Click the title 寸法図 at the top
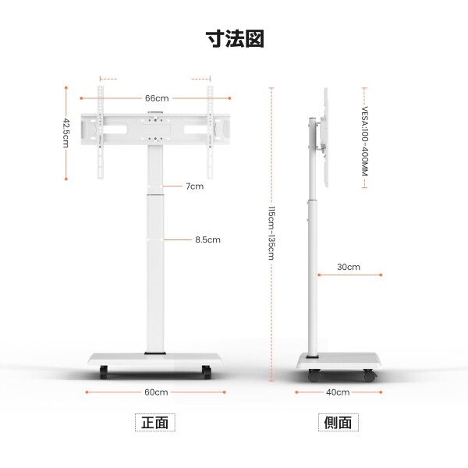[236, 39]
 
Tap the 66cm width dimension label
[157, 98]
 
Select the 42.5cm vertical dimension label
[66, 133]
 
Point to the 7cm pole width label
[194, 186]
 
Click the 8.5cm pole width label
[207, 239]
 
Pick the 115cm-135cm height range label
[271, 233]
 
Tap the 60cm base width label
[156, 392]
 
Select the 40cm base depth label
[338, 392]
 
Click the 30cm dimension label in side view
[349, 267]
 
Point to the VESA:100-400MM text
[365, 141]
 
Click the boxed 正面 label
[155, 422]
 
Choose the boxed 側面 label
[339, 422]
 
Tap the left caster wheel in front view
[104, 373]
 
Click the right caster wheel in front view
[207, 373]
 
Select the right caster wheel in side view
[370, 375]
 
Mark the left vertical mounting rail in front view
[101, 133]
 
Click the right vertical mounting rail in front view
[210, 133]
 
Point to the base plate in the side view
[339, 360]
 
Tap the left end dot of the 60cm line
[87, 392]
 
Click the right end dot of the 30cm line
[381, 275]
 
